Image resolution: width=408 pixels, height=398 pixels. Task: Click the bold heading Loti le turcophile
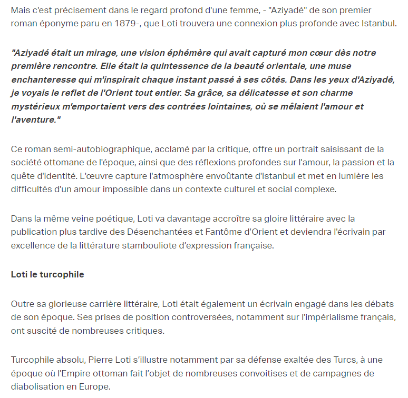[x=47, y=275]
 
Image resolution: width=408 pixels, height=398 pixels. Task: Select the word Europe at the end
[x=95, y=386]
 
